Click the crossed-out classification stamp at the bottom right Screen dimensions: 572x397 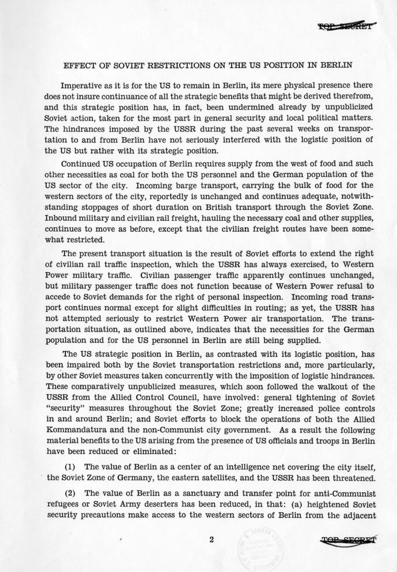coord(348,541)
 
